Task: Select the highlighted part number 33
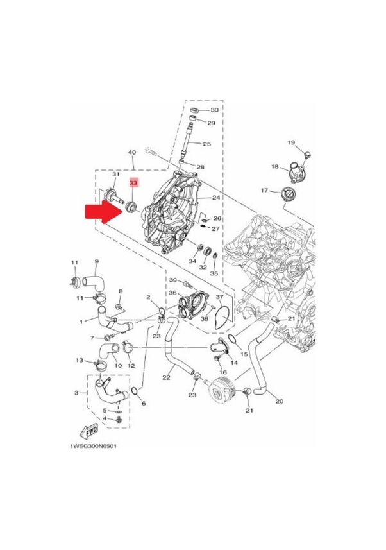pyautogui.click(x=133, y=183)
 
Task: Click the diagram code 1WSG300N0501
pyautogui.click(x=93, y=446)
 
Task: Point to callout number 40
pyautogui.click(x=132, y=153)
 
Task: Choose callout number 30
pyautogui.click(x=214, y=110)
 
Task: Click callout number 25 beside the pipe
pyautogui.click(x=207, y=144)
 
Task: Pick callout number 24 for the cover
pyautogui.click(x=216, y=198)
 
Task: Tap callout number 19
pyautogui.click(x=291, y=142)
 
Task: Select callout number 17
pyautogui.click(x=264, y=191)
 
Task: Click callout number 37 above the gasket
pyautogui.click(x=219, y=297)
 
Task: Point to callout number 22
pyautogui.click(x=166, y=377)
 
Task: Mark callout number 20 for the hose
pyautogui.click(x=280, y=401)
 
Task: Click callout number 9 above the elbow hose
pyautogui.click(x=96, y=261)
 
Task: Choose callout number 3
pyautogui.click(x=76, y=393)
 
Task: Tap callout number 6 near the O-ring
pyautogui.click(x=144, y=404)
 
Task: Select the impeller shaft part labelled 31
pyautogui.click(x=114, y=197)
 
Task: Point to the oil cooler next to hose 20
pyautogui.click(x=221, y=390)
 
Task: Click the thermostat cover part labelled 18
pyautogui.click(x=295, y=173)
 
